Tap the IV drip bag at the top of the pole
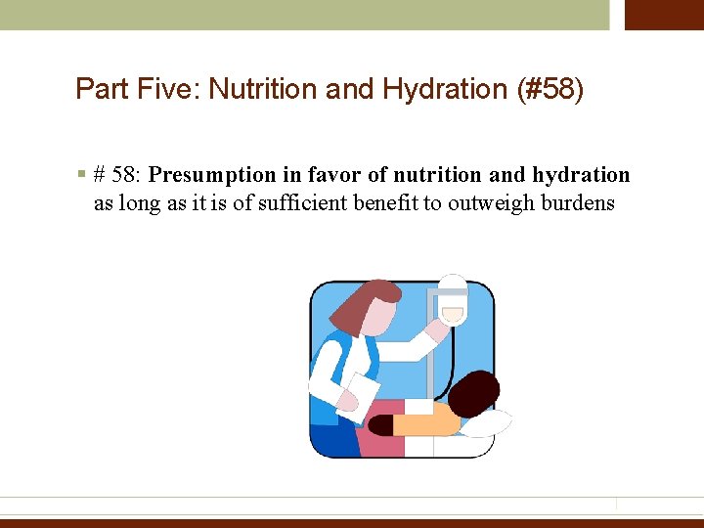click(452, 299)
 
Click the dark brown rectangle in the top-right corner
click(664, 15)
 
